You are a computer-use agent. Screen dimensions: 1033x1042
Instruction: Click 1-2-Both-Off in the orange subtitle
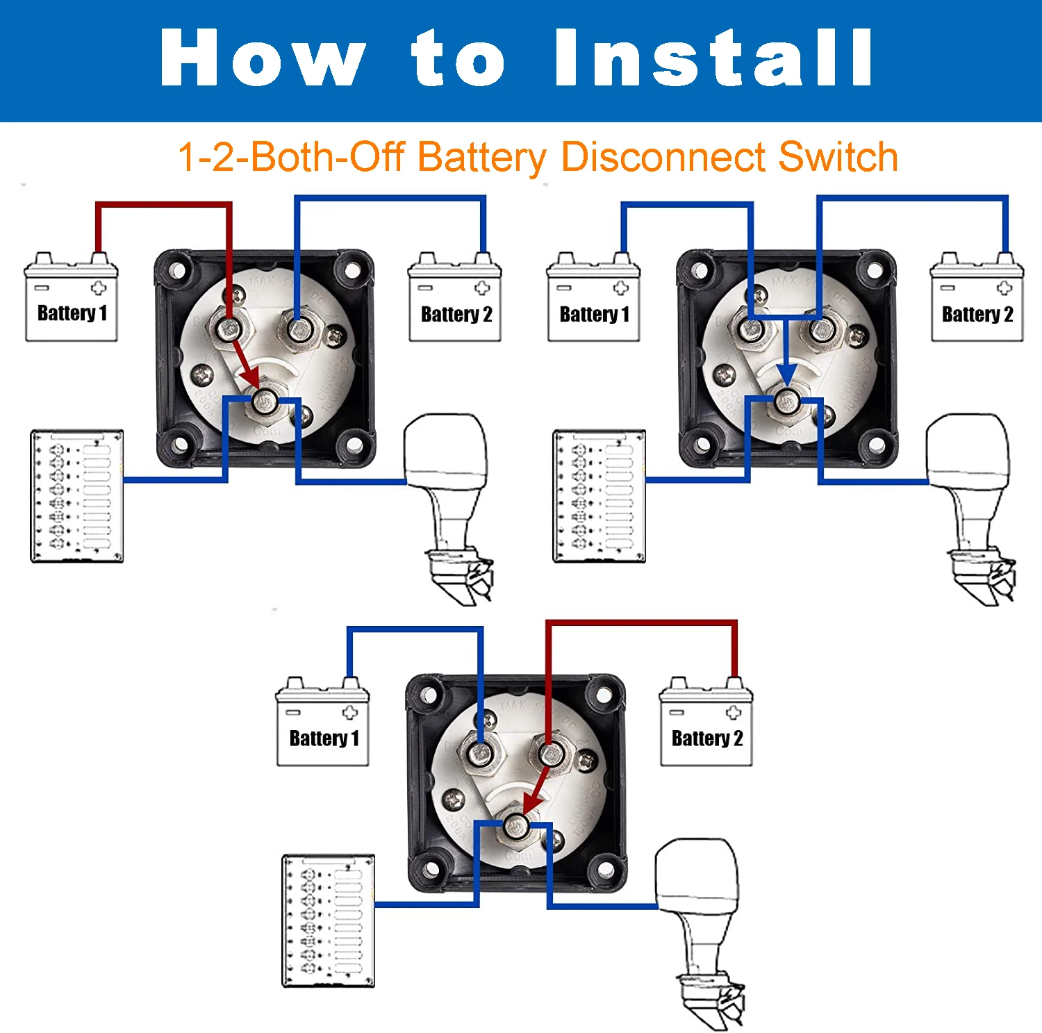[x=292, y=157]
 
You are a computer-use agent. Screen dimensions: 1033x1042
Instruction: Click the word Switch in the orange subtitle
[x=838, y=157]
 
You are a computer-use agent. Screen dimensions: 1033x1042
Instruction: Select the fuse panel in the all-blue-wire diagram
[x=599, y=496]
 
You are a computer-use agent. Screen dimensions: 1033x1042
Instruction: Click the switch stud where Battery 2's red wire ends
[x=549, y=753]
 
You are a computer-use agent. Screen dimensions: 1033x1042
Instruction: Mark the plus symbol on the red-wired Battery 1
[x=99, y=288]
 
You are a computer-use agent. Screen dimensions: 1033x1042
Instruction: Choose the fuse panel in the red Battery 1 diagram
[x=77, y=496]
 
